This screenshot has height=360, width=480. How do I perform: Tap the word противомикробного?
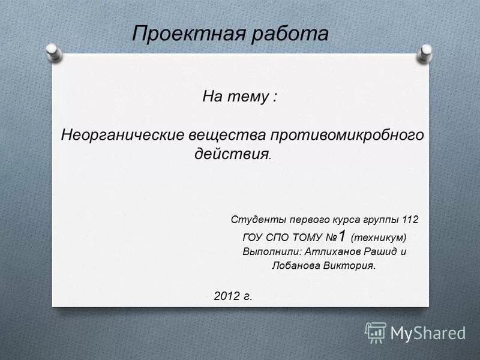coord(350,135)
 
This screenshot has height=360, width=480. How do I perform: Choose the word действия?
coord(231,153)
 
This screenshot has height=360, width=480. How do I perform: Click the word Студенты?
coord(257,220)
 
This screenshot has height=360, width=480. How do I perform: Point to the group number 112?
coord(410,220)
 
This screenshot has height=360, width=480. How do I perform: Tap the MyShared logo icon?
coord(376,332)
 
